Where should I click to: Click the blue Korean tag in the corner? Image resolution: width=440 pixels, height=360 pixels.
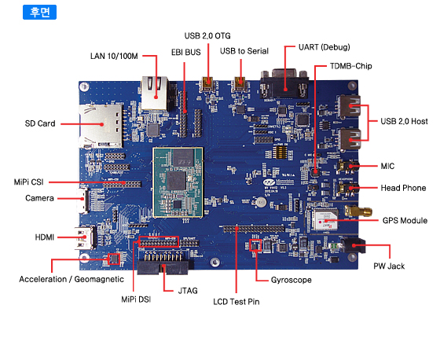(39, 12)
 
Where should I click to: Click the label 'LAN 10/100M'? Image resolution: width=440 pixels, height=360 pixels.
(114, 56)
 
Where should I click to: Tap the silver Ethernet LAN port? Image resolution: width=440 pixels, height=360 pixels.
(155, 93)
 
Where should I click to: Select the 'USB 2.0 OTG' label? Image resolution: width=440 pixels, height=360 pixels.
(207, 36)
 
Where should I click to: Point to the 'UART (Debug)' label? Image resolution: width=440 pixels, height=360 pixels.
(324, 47)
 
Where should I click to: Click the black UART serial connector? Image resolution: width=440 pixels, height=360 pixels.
(284, 83)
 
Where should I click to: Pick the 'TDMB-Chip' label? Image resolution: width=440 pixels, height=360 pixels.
(350, 66)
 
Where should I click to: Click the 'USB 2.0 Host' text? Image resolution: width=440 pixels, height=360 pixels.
(404, 121)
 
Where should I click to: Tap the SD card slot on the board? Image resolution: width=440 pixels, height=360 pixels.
(101, 126)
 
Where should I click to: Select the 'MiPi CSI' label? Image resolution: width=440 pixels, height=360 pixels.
(28, 182)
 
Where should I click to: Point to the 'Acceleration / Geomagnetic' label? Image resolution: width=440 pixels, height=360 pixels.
(71, 279)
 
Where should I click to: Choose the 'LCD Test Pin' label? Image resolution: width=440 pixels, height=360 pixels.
(236, 302)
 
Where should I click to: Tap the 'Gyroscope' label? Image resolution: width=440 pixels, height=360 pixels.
(291, 280)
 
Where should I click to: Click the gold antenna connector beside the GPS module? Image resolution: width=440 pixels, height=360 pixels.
(358, 211)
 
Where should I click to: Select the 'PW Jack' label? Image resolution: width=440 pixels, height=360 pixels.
(389, 266)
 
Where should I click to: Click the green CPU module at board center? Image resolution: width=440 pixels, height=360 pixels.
(178, 182)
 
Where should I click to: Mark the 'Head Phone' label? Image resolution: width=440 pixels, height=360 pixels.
(403, 188)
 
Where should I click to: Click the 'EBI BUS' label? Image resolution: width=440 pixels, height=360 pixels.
(185, 52)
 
